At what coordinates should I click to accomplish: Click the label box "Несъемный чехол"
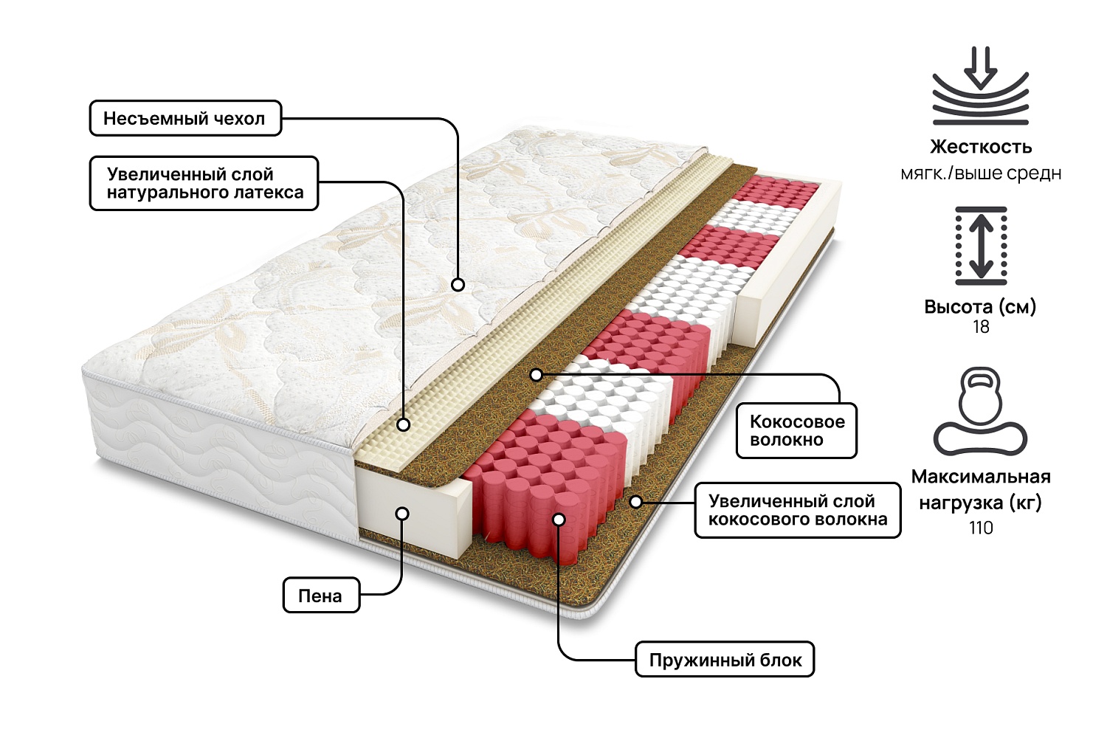coord(185,119)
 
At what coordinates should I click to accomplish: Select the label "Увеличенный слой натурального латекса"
coord(204,184)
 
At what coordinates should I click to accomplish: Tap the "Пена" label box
coord(321,596)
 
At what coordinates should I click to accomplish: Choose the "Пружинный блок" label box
coord(725,660)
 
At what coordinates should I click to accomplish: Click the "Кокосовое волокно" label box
coord(796,431)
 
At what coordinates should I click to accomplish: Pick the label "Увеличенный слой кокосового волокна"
coord(797,510)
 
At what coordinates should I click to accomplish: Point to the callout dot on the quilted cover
coord(458,284)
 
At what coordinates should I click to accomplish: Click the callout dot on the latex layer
coord(403,424)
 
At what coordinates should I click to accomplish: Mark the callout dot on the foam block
coord(402,513)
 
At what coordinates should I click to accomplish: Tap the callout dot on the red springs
coord(559,520)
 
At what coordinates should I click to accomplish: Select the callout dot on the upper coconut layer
coord(537,375)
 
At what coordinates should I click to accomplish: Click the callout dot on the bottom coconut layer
coord(635,502)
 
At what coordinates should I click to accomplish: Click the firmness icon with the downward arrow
coord(980,86)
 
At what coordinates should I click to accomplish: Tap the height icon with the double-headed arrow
coord(981,246)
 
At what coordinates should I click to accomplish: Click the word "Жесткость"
coord(981,147)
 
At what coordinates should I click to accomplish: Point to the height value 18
coord(981,327)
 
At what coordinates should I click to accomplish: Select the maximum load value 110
coord(981,528)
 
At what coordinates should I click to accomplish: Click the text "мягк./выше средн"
coord(981,174)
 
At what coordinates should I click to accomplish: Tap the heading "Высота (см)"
coord(980,306)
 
